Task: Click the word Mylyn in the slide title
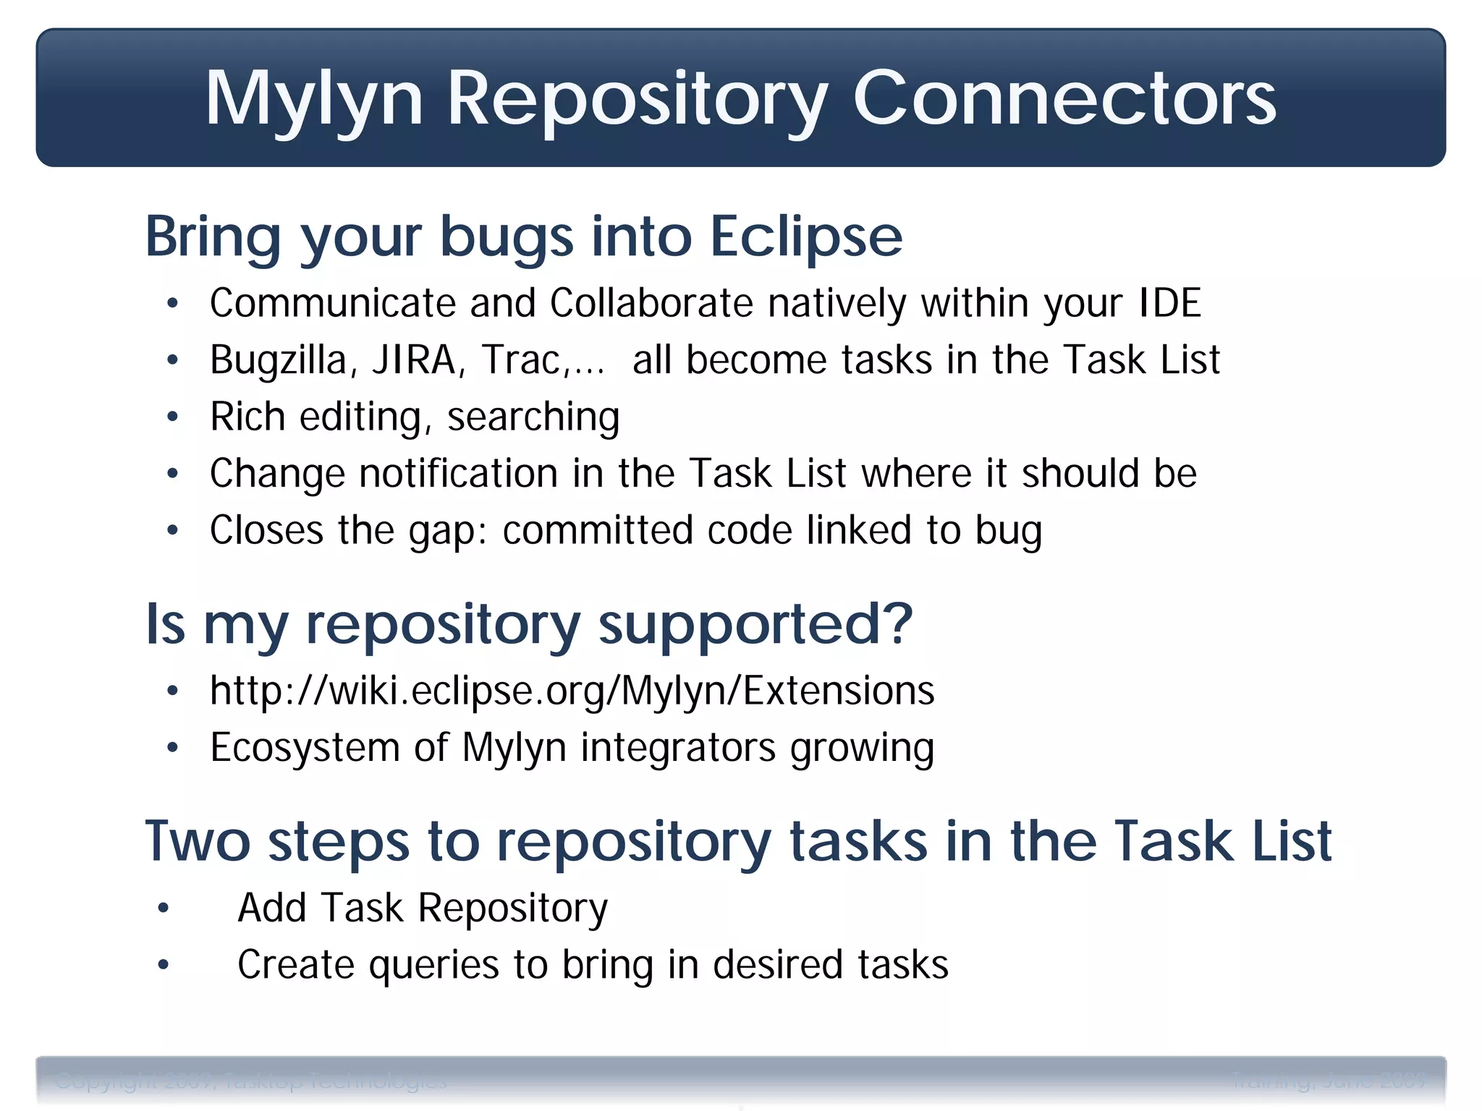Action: pos(313,99)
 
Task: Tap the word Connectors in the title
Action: pos(1064,99)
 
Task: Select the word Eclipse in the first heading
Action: pos(805,237)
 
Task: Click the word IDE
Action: pos(1169,303)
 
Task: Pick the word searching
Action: pos(533,417)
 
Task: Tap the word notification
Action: pos(458,474)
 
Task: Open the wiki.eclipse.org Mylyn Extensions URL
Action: pos(572,691)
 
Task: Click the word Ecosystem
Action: pos(305,747)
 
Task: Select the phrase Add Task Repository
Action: pos(423,908)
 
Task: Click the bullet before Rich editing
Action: pos(172,417)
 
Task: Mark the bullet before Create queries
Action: pos(164,964)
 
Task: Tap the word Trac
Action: pos(521,360)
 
